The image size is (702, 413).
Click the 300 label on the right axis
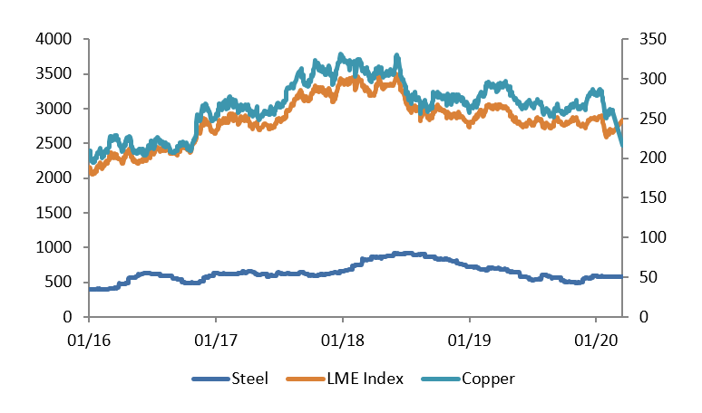[644, 79]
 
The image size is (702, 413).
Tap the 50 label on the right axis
[640, 277]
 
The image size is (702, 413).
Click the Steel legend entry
[249, 379]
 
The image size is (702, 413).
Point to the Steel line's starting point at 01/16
[90, 289]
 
